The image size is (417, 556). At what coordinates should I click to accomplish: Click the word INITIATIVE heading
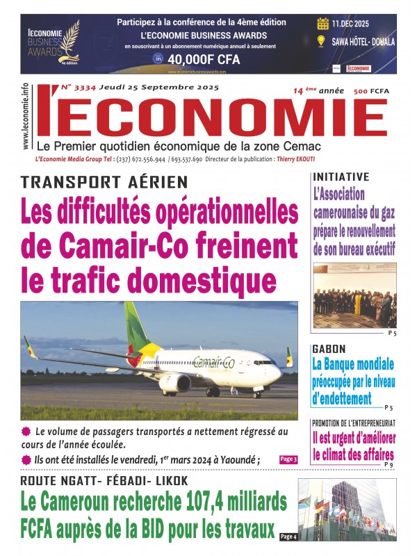[341, 177]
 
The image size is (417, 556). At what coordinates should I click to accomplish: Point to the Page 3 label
[288, 459]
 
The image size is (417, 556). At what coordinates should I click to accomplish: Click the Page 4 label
[289, 537]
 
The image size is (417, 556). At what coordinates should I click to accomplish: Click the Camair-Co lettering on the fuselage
[213, 362]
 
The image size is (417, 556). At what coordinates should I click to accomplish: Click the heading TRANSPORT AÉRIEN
[104, 182]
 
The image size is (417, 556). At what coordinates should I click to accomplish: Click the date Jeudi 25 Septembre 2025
[159, 88]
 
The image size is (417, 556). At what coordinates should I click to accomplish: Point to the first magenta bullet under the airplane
[26, 432]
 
